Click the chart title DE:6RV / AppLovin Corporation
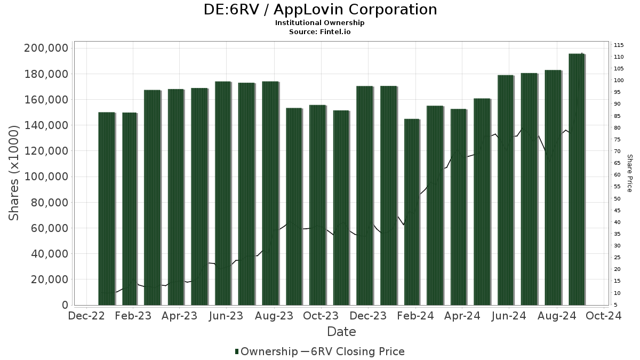(320, 10)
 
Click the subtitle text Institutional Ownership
(320, 23)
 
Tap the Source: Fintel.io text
(320, 31)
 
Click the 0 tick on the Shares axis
(65, 305)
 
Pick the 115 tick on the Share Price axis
(619, 45)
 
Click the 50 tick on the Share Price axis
(617, 198)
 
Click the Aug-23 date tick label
(274, 316)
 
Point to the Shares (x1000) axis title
(14, 173)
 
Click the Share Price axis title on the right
(629, 173)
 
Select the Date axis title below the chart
(341, 332)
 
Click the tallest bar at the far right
(577, 179)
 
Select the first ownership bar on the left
(107, 209)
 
